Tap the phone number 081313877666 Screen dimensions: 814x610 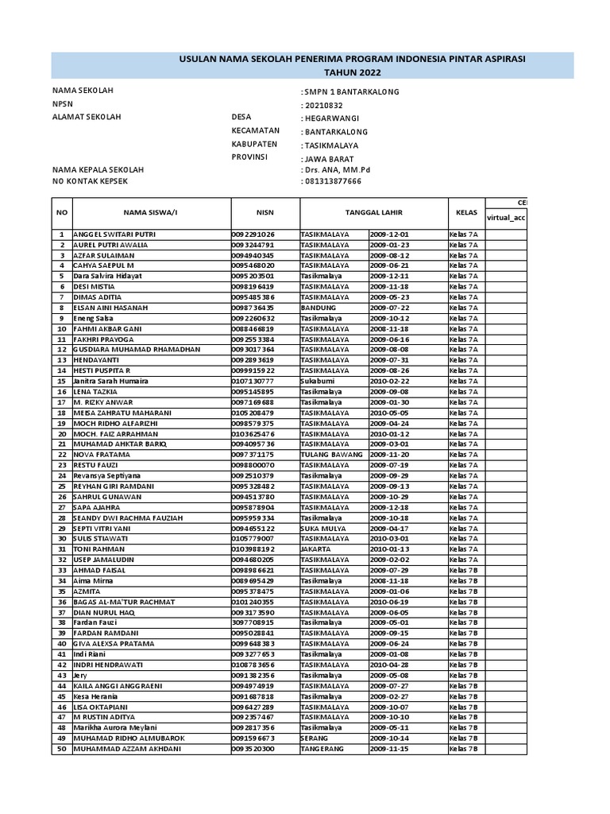tap(334, 181)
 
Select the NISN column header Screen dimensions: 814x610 tap(264, 212)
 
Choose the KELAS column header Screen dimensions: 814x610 tap(466, 212)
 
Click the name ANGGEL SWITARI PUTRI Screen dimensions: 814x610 tap(114, 235)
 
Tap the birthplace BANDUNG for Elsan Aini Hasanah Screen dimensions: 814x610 tap(318, 308)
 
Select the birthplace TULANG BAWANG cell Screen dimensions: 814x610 tap(332, 454)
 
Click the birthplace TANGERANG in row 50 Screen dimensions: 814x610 tap(322, 748)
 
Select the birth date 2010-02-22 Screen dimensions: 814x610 tap(389, 381)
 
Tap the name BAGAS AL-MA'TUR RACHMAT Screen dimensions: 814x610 tap(123, 602)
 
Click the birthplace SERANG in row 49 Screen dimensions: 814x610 tap(315, 738)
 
